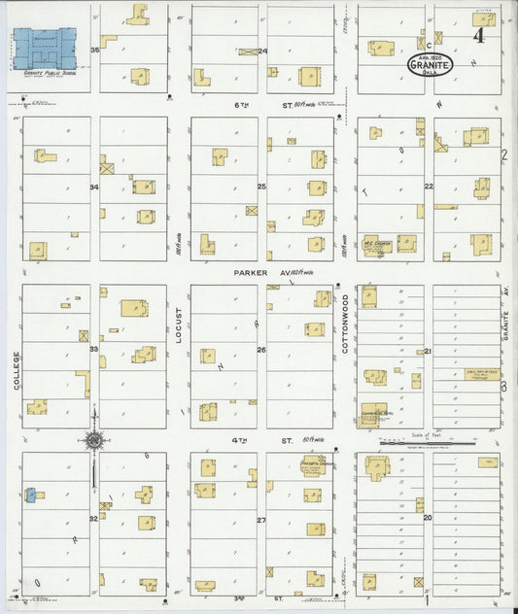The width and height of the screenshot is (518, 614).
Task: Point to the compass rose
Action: (94, 441)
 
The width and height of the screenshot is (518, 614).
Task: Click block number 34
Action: (94, 187)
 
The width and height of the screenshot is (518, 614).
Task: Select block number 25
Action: (260, 185)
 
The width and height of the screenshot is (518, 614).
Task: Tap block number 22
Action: (427, 186)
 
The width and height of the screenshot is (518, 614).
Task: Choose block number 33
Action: (94, 348)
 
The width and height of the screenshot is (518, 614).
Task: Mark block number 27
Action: (260, 520)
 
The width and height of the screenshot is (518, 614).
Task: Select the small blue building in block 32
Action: (29, 495)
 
